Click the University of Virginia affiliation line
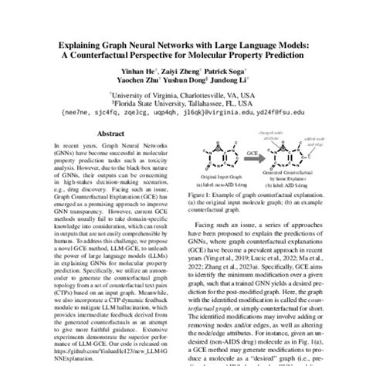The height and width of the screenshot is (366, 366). tap(184, 90)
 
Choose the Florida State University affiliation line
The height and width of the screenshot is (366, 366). tap(184, 100)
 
